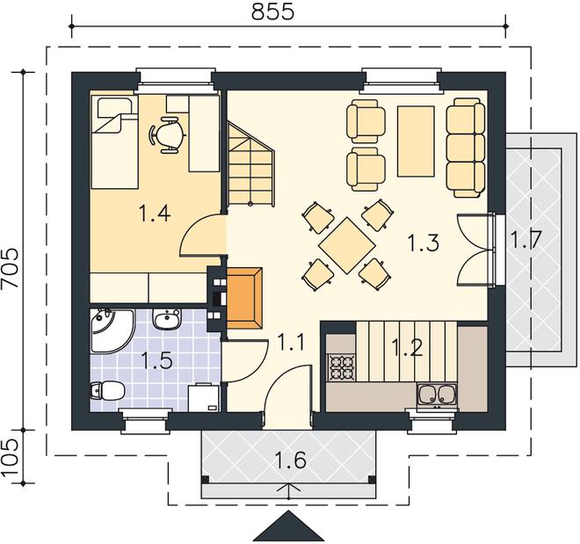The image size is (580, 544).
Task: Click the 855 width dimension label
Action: pyautogui.click(x=272, y=11)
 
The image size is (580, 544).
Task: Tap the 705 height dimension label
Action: pyautogui.click(x=10, y=267)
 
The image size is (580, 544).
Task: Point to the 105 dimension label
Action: pyautogui.click(x=10, y=458)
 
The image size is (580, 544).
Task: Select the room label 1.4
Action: pyautogui.click(x=155, y=214)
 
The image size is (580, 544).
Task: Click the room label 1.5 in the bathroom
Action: pyautogui.click(x=157, y=360)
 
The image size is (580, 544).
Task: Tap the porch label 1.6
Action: pyautogui.click(x=290, y=460)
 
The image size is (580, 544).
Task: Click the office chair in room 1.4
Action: pyautogui.click(x=166, y=134)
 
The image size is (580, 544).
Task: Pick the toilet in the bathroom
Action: pyautogui.click(x=107, y=391)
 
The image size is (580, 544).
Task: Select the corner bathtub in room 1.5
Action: pyautogui.click(x=111, y=330)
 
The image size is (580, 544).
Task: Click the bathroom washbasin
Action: pyautogui.click(x=167, y=319)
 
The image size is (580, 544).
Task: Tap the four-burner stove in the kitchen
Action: pyautogui.click(x=342, y=367)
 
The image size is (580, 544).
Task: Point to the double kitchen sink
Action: pyautogui.click(x=437, y=395)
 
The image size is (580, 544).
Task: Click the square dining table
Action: pyautogui.click(x=347, y=245)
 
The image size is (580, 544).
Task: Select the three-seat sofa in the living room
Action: pyautogui.click(x=466, y=147)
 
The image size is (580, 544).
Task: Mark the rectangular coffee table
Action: pyautogui.click(x=416, y=141)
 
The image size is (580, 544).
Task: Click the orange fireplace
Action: pyautogui.click(x=243, y=298)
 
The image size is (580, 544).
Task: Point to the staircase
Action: pyautogui.click(x=251, y=163)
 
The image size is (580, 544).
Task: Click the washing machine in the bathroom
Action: pyautogui.click(x=204, y=397)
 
